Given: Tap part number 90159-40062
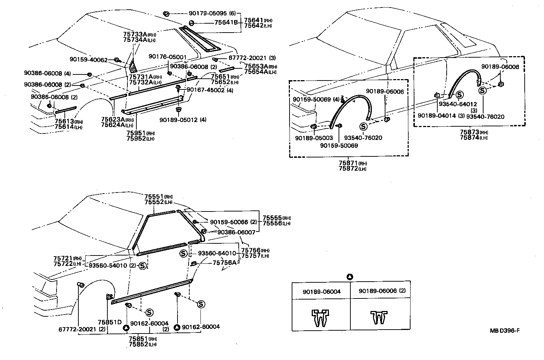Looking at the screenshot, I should pyautogui.click(x=88, y=60).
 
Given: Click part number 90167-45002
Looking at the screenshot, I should pyautogui.click(x=205, y=90).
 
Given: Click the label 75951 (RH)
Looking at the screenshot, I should pyautogui.click(x=136, y=133).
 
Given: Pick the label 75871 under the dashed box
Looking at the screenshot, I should pyautogui.click(x=349, y=163).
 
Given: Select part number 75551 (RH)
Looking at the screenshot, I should pyautogui.click(x=154, y=196).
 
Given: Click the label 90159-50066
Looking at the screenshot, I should pyautogui.click(x=229, y=222).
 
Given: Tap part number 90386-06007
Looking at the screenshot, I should pyautogui.click(x=236, y=232).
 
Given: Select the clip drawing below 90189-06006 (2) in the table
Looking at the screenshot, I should pyautogui.click(x=379, y=317).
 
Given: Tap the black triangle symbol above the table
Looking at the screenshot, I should pyautogui.click(x=350, y=277).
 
